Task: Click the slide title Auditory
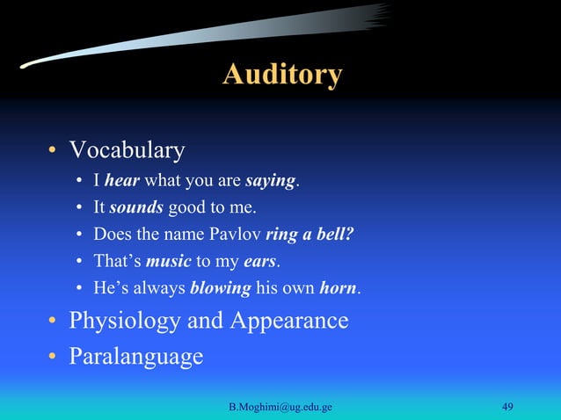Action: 281,74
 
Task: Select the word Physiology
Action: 127,320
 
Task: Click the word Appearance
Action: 289,320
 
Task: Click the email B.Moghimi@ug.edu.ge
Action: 287,406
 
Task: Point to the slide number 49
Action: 507,406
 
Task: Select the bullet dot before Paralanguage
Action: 53,358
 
